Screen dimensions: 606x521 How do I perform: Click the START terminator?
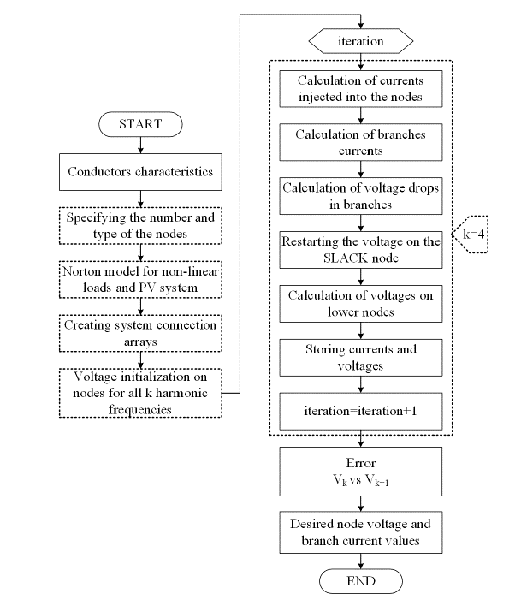(x=140, y=123)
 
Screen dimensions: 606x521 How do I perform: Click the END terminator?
(x=359, y=581)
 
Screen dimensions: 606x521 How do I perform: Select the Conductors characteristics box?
(x=140, y=171)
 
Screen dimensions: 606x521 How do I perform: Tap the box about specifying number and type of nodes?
(x=140, y=226)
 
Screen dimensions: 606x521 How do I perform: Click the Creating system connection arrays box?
(x=140, y=333)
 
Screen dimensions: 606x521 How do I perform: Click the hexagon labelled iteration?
(x=359, y=40)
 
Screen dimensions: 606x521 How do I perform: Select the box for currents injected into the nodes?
(x=359, y=88)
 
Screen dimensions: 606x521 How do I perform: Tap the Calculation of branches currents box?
(x=359, y=142)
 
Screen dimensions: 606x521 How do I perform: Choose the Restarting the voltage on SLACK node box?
(x=359, y=250)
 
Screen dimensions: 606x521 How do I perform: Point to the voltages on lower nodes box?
(x=359, y=304)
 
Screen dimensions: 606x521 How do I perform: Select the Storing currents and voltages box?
(x=359, y=357)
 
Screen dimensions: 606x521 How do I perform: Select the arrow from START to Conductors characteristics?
(x=140, y=146)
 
